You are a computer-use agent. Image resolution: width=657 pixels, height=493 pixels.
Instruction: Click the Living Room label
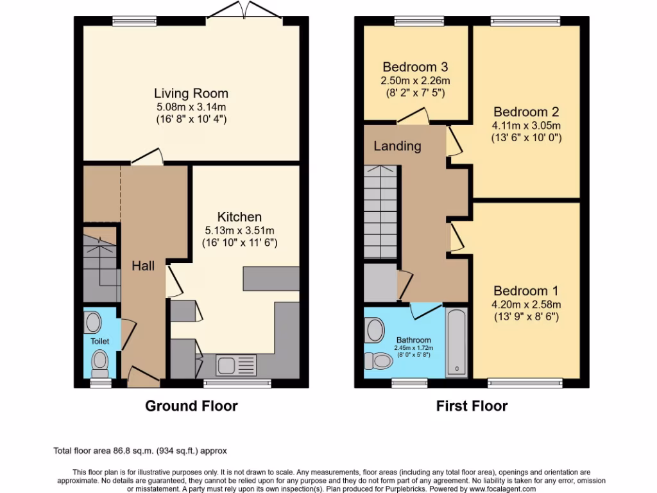pyautogui.click(x=191, y=94)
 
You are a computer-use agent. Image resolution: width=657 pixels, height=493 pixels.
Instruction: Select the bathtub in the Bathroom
pyautogui.click(x=456, y=343)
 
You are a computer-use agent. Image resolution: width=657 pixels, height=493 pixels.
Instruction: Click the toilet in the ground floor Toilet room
pyautogui.click(x=99, y=363)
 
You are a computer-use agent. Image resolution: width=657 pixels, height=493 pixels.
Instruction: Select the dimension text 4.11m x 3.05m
pyautogui.click(x=526, y=125)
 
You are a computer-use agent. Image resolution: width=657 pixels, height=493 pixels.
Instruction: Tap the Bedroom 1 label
pyautogui.click(x=525, y=290)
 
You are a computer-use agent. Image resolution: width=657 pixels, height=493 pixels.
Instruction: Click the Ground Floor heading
pyautogui.click(x=191, y=406)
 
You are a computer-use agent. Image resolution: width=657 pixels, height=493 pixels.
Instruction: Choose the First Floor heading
pyautogui.click(x=472, y=406)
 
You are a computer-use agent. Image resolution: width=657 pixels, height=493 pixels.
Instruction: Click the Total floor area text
pyautogui.click(x=140, y=451)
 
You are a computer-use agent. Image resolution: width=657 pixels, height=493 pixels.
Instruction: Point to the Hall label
pyautogui.click(x=143, y=265)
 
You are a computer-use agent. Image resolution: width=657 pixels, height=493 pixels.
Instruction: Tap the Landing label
pyautogui.click(x=397, y=146)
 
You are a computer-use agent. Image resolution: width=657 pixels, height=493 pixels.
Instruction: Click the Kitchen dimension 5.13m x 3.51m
pyautogui.click(x=239, y=230)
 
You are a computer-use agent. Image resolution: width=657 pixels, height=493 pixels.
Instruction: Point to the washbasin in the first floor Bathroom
pyautogui.click(x=373, y=330)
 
